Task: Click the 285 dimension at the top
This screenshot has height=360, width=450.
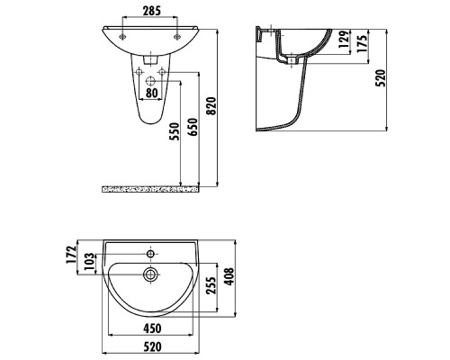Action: tap(151, 11)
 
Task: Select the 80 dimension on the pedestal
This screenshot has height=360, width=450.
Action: tap(151, 93)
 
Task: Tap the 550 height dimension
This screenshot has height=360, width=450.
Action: tap(175, 131)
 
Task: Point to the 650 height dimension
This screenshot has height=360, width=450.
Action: tap(193, 127)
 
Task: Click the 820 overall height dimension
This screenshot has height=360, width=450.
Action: tap(211, 106)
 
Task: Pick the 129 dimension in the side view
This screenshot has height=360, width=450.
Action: tap(344, 39)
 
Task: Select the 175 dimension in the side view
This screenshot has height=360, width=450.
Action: tap(362, 44)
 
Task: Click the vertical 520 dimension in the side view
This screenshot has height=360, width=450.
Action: tap(381, 78)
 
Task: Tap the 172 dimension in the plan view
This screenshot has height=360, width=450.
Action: tap(71, 255)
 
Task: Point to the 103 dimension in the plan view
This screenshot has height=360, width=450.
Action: tap(89, 261)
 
